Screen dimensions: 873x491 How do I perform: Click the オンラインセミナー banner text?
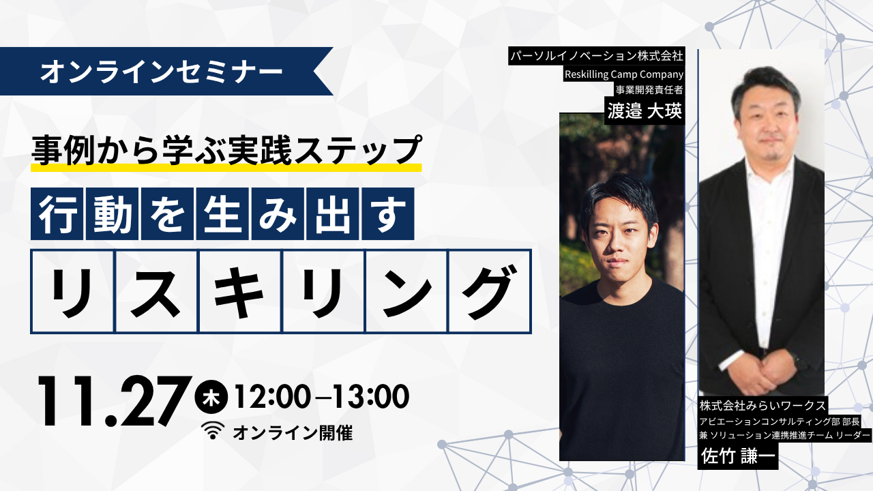(x=162, y=72)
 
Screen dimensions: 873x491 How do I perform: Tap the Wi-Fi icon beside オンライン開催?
(x=213, y=430)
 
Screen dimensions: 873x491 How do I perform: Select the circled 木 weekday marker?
(x=211, y=396)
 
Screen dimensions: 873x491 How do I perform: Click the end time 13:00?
(x=370, y=396)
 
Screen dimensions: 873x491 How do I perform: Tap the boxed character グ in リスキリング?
(x=490, y=291)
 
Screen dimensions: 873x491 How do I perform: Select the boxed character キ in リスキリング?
(x=239, y=291)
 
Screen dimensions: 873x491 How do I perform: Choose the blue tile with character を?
(x=167, y=213)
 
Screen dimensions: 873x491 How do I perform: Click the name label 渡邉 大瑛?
(x=645, y=111)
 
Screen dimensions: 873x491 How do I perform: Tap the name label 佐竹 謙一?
(x=738, y=456)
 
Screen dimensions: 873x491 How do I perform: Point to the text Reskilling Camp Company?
(x=624, y=74)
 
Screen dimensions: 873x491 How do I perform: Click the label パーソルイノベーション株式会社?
(x=597, y=56)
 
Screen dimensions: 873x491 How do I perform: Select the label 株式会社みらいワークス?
(x=763, y=406)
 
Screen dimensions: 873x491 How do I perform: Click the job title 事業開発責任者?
(x=649, y=89)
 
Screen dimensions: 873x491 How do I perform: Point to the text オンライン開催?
(x=293, y=433)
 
